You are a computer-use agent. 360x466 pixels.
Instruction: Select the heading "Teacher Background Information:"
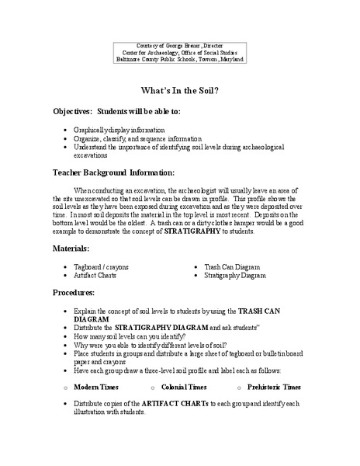pos(113,172)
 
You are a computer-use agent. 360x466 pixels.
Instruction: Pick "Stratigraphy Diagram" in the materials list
pos(236,274)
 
